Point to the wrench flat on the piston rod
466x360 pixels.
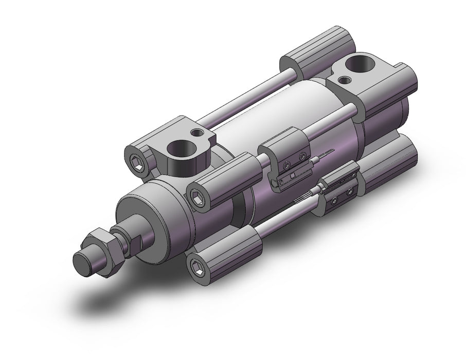[x=135, y=239]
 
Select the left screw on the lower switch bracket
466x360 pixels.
[x=335, y=200]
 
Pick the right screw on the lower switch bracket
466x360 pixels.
[x=350, y=191]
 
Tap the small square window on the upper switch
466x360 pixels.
[x=292, y=178]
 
